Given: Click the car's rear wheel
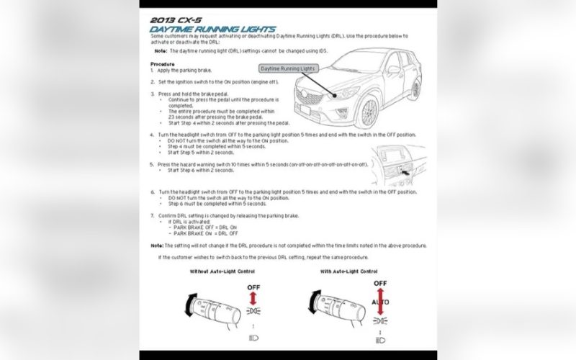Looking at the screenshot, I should point(415,89).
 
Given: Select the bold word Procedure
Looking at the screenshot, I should point(163,63).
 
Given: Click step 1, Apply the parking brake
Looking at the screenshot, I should point(184,70).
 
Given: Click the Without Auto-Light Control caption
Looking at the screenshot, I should point(222,271).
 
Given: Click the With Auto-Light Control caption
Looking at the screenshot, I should point(348,271).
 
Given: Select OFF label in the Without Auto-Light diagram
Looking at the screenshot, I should point(253,287).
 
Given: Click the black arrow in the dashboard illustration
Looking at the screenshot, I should point(407,173).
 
